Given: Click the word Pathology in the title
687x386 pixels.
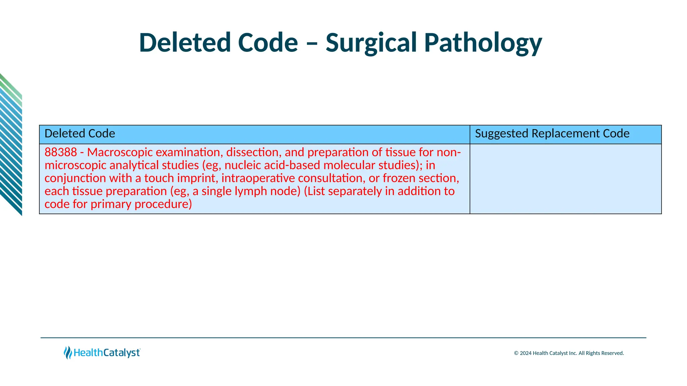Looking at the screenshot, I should (483, 43).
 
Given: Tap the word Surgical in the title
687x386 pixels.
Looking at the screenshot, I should (371, 43).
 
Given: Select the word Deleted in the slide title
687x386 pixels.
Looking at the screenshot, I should (185, 43).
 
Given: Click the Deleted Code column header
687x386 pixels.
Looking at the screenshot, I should (80, 134).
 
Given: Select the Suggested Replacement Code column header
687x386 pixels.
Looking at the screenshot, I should (552, 134).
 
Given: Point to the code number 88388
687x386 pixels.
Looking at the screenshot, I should (61, 152).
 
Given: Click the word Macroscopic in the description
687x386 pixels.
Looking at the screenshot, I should (120, 152).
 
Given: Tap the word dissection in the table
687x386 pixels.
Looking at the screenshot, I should (254, 152).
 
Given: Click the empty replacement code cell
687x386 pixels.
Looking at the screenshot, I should (565, 179).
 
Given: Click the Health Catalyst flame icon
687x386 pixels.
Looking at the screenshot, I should (68, 353).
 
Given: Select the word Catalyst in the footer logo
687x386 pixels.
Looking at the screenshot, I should (121, 353).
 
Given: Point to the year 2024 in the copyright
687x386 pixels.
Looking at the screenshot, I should (525, 353).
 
